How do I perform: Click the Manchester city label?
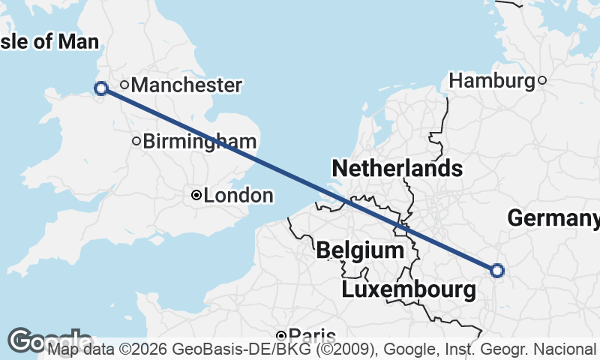[186, 85]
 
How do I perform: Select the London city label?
[238, 196]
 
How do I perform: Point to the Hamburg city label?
[491, 80]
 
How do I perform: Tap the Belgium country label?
[360, 250]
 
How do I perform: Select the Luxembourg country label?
[409, 289]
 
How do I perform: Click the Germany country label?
[553, 218]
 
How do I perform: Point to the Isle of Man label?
[49, 40]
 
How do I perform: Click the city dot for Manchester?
[124, 85]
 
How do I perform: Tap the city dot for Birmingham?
[136, 140]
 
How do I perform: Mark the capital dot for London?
[196, 196]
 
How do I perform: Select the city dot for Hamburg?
[542, 80]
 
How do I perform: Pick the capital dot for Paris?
[281, 335]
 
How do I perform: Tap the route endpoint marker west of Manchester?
[100, 88]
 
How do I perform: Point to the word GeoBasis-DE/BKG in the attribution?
[216, 349]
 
